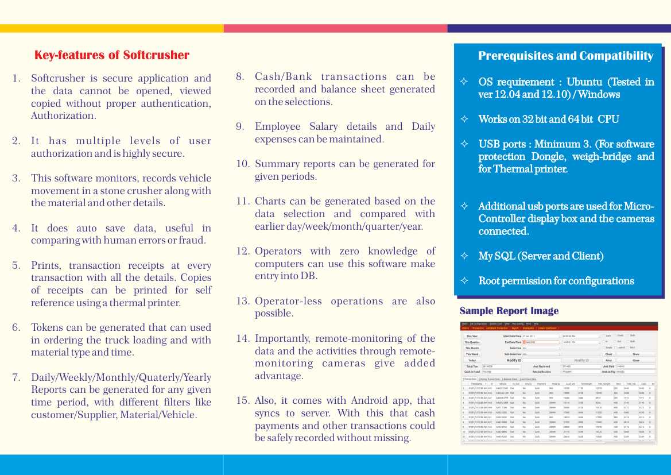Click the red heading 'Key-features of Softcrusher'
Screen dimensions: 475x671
(x=112, y=55)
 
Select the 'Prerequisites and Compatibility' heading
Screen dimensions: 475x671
(x=565, y=56)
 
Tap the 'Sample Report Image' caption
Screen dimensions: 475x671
(x=509, y=311)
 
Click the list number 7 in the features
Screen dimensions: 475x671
(x=17, y=377)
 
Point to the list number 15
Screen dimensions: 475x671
(x=243, y=400)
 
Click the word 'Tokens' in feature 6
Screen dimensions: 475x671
(x=48, y=327)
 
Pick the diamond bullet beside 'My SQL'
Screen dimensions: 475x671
(x=464, y=256)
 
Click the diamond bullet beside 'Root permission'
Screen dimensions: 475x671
(x=464, y=281)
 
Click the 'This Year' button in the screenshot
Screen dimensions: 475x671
(x=472, y=336)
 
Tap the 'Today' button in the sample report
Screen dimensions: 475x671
(x=472, y=360)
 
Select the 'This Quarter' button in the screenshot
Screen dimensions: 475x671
(x=472, y=342)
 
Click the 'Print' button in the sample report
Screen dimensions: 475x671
(x=608, y=360)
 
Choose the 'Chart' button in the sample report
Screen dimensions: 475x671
(x=608, y=354)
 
